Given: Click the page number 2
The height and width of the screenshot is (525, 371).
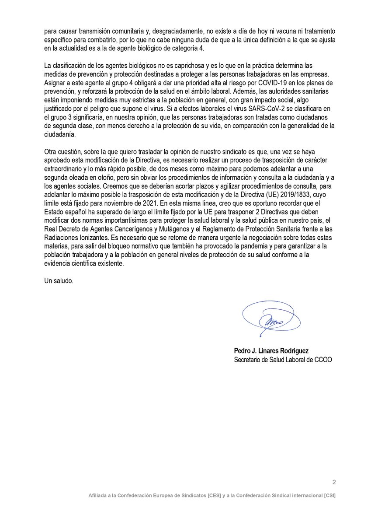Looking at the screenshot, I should [334, 482].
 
